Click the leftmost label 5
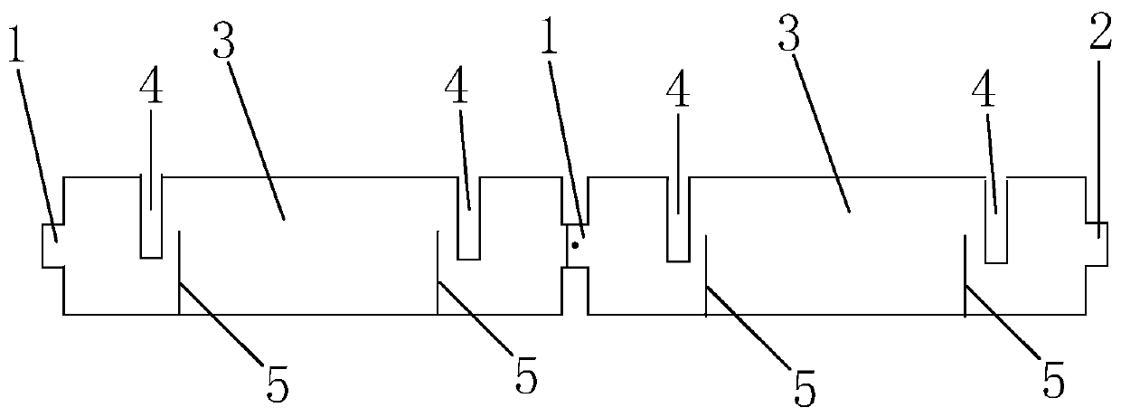278,385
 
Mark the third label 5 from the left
804,385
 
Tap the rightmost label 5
1051,376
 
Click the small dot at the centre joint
575,244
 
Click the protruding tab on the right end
1097,242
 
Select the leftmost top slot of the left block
151,217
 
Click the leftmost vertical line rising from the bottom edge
179,271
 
